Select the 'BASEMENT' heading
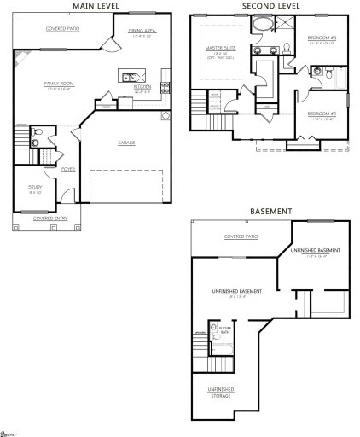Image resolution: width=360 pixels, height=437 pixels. click(x=270, y=211)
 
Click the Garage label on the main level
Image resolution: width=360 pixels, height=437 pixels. click(x=126, y=143)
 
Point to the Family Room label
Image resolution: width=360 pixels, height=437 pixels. click(x=61, y=84)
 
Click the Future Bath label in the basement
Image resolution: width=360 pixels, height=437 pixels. click(x=225, y=329)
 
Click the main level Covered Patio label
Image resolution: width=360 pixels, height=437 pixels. click(x=61, y=28)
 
